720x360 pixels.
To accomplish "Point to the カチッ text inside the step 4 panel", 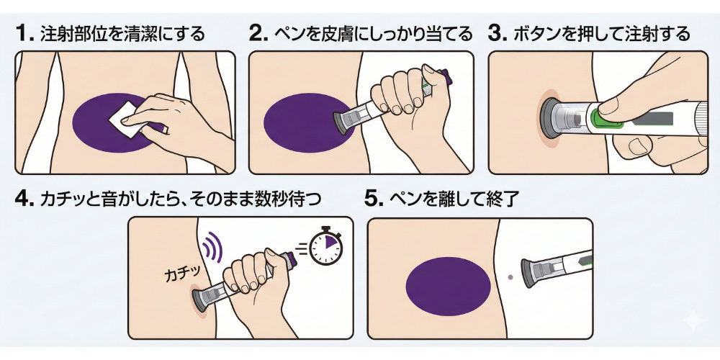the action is [x=182, y=274].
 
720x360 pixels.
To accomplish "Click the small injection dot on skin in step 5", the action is [x=510, y=277].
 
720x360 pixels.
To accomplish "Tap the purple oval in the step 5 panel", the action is [x=449, y=286].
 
